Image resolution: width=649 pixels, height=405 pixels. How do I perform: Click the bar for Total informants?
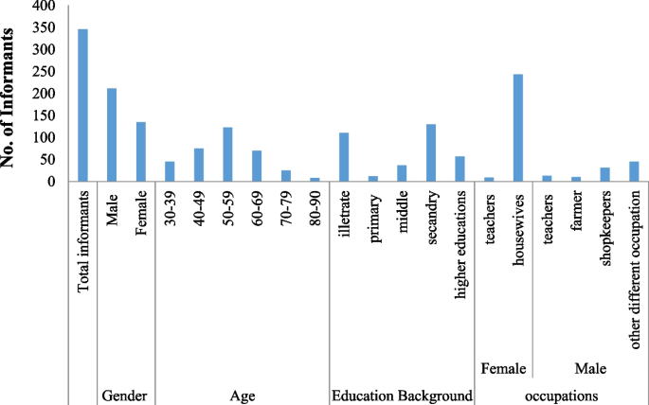[x=82, y=105]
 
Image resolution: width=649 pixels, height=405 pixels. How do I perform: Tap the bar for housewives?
[x=517, y=128]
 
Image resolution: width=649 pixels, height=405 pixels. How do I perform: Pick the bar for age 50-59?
[x=227, y=154]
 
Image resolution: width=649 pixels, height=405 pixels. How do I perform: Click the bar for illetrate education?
[x=344, y=157]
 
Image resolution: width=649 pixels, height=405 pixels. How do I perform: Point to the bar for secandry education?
[x=430, y=152]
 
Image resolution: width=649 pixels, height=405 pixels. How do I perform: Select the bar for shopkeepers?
[x=604, y=174]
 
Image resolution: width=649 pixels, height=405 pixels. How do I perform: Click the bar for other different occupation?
[x=634, y=171]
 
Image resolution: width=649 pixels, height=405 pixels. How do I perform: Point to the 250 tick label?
[x=43, y=72]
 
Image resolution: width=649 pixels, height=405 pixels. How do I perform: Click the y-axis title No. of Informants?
[x=9, y=95]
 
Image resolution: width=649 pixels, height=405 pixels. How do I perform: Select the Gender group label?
[x=124, y=396]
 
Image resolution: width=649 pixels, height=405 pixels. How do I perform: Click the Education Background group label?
[x=402, y=396]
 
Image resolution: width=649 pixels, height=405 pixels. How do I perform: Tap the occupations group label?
[x=561, y=396]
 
